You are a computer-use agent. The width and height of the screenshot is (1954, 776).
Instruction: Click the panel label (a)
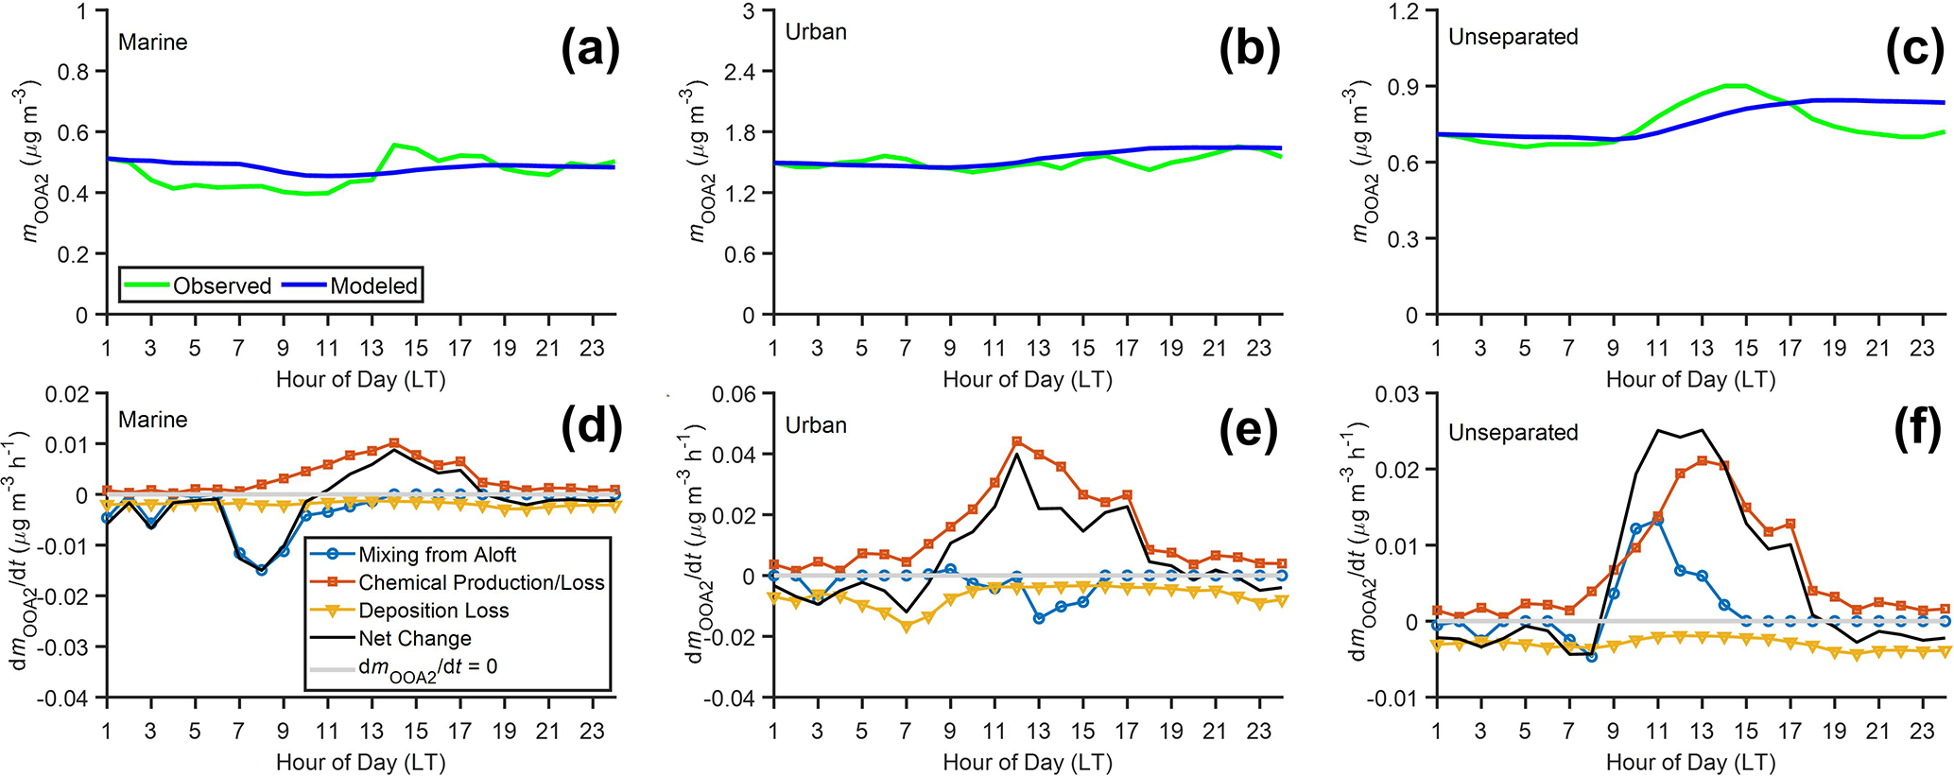point(590,49)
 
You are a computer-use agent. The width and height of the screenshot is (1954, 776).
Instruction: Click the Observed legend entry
point(221,285)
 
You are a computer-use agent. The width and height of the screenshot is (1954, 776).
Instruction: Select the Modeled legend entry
point(373,285)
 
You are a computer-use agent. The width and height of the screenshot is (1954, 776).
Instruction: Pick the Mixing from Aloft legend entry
point(437,555)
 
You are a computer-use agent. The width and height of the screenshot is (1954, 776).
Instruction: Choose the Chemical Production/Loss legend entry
point(480,582)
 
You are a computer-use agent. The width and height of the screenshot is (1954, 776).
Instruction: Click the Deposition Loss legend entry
point(433,611)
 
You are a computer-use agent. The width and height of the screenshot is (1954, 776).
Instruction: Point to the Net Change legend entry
point(414,639)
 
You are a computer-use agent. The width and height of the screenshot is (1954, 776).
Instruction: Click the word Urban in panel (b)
point(816,32)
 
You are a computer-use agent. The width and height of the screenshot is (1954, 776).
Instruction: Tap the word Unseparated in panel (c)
point(1513,37)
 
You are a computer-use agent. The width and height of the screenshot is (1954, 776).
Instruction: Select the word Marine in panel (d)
point(152,420)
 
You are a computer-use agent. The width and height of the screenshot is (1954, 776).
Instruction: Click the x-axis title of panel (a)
point(360,380)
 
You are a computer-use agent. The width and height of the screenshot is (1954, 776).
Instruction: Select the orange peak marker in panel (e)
point(1016,441)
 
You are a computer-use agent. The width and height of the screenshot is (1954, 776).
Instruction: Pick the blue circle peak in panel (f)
point(1657,520)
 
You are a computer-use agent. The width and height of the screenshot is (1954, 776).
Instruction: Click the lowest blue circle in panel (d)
point(261,570)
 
